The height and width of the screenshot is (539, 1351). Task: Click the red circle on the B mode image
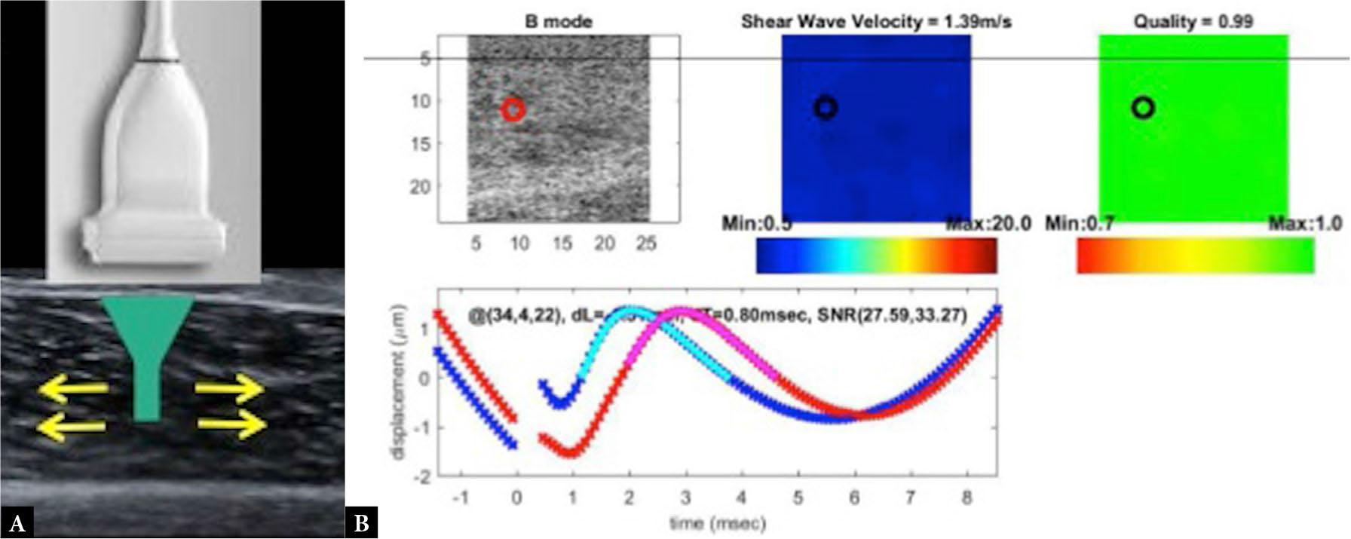coord(513,110)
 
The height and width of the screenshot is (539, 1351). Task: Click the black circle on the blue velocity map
coord(826,108)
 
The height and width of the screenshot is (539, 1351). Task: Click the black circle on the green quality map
coord(1143,108)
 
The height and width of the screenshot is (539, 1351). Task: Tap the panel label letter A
coord(17,523)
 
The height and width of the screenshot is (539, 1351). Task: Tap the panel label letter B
coord(361,523)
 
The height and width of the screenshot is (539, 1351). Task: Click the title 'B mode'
coord(558,21)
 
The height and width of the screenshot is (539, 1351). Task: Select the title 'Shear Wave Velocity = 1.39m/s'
coord(876,21)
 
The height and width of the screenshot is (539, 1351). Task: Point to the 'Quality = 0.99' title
coord(1193,21)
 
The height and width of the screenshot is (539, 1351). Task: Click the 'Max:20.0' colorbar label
coord(988,223)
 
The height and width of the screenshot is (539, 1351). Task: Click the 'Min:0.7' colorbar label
coord(1080,223)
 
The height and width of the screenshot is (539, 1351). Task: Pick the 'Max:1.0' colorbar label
coord(1304,223)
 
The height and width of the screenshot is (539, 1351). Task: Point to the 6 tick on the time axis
coord(855,498)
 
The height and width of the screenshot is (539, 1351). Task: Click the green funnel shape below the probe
coord(148,347)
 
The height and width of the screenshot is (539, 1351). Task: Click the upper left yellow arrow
coord(72,390)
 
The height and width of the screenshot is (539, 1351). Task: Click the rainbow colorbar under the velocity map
coord(876,256)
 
